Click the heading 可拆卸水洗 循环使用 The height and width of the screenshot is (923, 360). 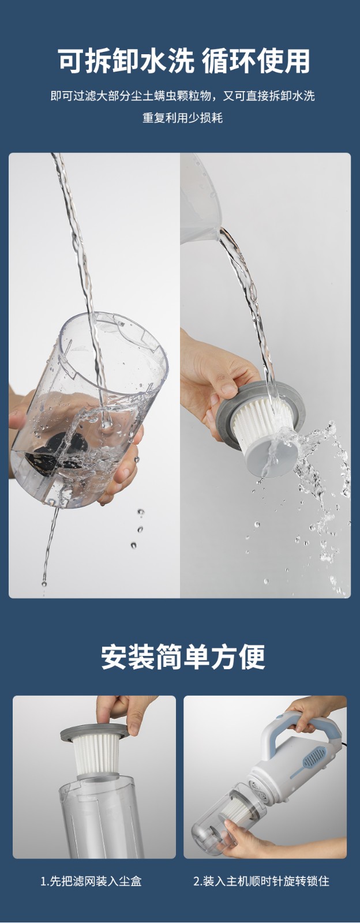tap(183, 61)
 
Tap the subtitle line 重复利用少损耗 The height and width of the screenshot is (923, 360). tap(182, 118)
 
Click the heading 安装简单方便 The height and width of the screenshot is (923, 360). tap(183, 657)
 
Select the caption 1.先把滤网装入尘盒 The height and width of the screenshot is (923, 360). tap(91, 881)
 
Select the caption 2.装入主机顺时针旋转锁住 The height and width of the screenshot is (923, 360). tap(261, 881)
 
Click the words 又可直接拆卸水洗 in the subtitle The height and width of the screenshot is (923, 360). tap(269, 96)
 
